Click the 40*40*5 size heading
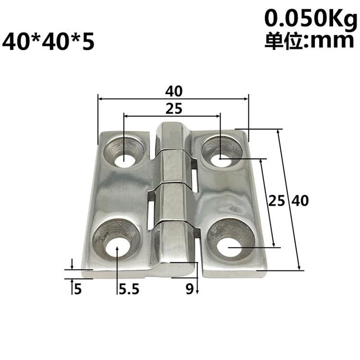[49, 42]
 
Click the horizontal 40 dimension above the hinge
[173, 91]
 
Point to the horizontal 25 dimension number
[173, 108]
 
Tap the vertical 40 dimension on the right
[299, 201]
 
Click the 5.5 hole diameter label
[128, 289]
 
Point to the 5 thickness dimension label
[77, 289]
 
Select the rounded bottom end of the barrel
[176, 269]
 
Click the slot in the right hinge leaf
[195, 179]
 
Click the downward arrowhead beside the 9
[197, 292]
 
